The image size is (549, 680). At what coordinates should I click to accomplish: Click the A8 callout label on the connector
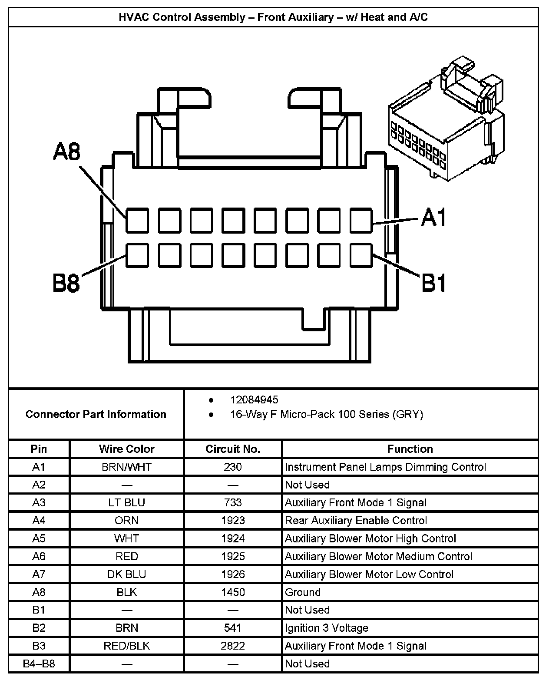(x=67, y=152)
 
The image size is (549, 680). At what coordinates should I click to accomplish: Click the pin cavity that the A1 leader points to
(x=361, y=220)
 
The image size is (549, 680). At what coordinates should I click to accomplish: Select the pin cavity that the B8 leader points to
(x=138, y=255)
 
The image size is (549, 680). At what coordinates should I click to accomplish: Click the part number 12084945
(x=254, y=399)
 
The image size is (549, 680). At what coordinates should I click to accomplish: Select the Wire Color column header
(x=126, y=449)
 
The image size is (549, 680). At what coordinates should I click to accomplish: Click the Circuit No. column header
(x=233, y=449)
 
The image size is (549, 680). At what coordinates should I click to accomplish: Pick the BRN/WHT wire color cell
(x=126, y=467)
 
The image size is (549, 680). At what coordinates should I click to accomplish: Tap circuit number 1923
(x=233, y=520)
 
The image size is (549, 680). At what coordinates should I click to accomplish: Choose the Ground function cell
(x=303, y=592)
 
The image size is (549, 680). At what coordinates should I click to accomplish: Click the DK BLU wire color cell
(x=126, y=574)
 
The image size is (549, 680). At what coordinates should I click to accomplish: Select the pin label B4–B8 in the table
(x=39, y=663)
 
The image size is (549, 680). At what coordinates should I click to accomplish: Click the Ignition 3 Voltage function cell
(x=326, y=628)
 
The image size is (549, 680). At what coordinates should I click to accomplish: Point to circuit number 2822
(x=233, y=646)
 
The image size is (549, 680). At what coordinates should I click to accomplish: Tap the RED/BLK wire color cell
(x=126, y=646)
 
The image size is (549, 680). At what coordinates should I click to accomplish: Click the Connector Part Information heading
(x=96, y=414)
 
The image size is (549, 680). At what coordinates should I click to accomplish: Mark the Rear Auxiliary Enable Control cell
(x=356, y=520)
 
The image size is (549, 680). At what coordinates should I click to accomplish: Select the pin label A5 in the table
(x=39, y=538)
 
